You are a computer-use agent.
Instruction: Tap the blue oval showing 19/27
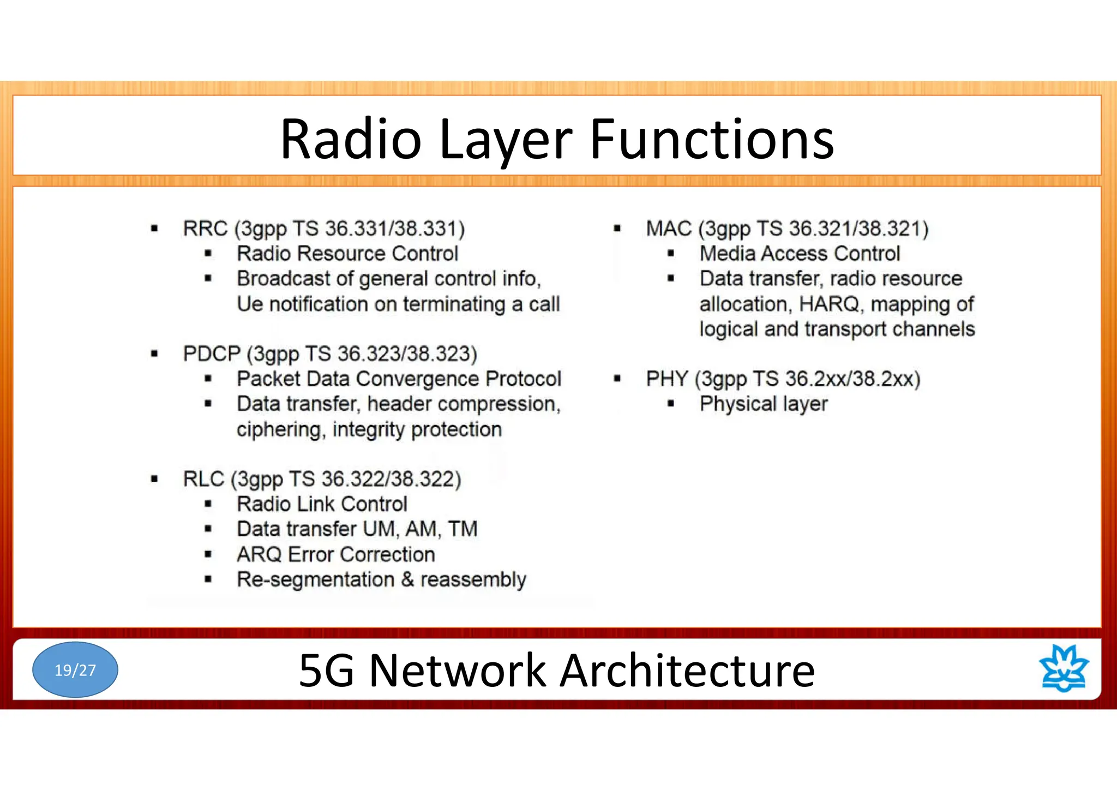click(x=75, y=669)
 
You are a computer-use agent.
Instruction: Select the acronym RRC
click(x=205, y=229)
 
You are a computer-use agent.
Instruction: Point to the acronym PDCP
click(x=212, y=354)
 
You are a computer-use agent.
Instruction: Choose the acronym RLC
click(x=203, y=479)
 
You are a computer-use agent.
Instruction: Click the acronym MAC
click(x=669, y=229)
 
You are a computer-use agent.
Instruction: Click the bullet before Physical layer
click(x=671, y=404)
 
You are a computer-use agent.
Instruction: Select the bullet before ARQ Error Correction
click(x=208, y=554)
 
